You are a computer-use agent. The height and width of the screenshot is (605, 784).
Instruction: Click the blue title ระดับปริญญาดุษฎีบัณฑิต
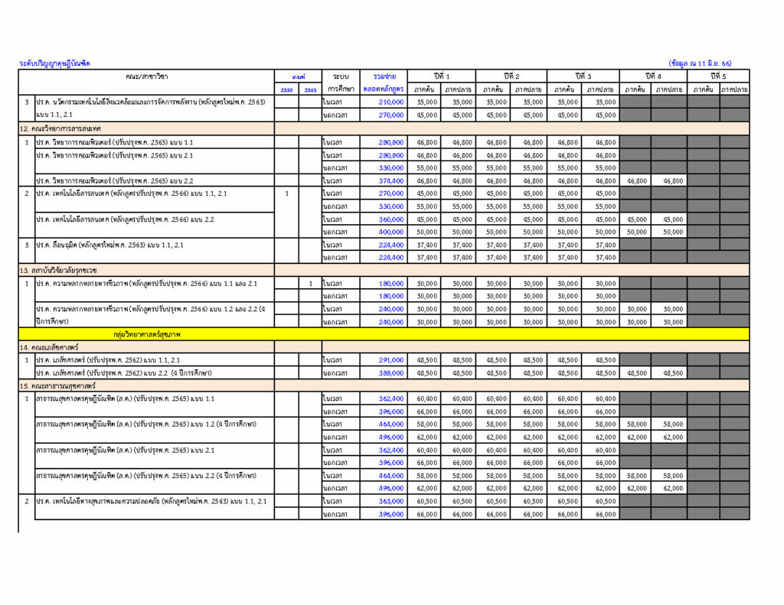(x=54, y=63)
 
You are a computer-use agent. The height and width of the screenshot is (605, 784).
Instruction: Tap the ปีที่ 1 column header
(x=442, y=76)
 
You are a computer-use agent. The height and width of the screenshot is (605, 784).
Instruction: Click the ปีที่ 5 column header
(x=718, y=76)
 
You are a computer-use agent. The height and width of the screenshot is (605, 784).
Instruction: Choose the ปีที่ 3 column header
(x=583, y=76)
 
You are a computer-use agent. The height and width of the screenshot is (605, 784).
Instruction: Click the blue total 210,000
(x=390, y=102)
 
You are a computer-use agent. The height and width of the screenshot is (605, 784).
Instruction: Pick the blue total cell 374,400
(x=390, y=181)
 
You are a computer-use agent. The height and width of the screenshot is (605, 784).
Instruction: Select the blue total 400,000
(x=390, y=232)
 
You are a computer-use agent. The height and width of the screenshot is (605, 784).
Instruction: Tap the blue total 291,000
(x=390, y=360)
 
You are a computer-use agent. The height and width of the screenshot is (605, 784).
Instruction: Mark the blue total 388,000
(x=390, y=373)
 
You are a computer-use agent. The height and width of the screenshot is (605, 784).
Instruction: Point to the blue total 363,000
(x=390, y=501)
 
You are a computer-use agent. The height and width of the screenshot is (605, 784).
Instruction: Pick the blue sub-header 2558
(x=286, y=89)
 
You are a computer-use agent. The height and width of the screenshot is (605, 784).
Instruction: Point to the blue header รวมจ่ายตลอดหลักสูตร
(x=385, y=83)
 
